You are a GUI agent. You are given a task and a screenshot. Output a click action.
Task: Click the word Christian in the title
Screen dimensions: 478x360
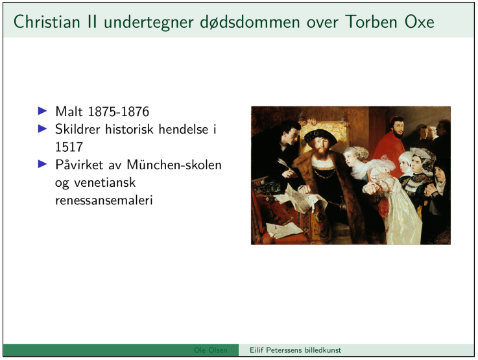[47, 22]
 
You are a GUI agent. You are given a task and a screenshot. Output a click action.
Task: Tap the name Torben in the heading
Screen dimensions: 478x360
[371, 22]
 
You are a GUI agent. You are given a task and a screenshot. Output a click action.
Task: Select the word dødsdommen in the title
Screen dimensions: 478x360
[250, 22]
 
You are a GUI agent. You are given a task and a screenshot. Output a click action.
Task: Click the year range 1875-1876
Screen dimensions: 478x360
[118, 112]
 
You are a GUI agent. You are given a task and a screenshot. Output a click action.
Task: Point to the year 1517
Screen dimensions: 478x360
[69, 147]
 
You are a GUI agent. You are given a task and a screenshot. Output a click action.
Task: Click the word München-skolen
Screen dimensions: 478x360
[174, 165]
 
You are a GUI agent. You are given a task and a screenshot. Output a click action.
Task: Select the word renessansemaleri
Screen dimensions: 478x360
[104, 200]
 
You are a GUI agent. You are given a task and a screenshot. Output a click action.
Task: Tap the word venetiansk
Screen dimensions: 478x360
[104, 182]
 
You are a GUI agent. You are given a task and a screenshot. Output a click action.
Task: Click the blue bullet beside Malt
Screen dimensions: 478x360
[42, 111]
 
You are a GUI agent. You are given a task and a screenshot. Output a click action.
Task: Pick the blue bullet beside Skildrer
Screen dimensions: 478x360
[42, 128]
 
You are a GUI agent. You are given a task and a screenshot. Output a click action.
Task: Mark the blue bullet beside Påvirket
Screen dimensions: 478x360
[42, 164]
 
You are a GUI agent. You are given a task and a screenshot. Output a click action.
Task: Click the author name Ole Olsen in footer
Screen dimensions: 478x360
[211, 350]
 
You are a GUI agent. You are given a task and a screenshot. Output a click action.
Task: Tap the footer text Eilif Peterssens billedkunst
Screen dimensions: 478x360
[295, 350]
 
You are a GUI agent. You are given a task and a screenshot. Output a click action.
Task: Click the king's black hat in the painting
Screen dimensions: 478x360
[320, 137]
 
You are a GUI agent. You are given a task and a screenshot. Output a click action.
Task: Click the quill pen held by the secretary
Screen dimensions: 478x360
[285, 165]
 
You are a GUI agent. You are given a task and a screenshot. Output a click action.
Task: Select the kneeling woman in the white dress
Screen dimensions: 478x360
[387, 198]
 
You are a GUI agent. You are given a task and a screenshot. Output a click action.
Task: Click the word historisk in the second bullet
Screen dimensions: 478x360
[129, 129]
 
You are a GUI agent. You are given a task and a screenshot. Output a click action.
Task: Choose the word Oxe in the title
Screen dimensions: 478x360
[420, 22]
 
